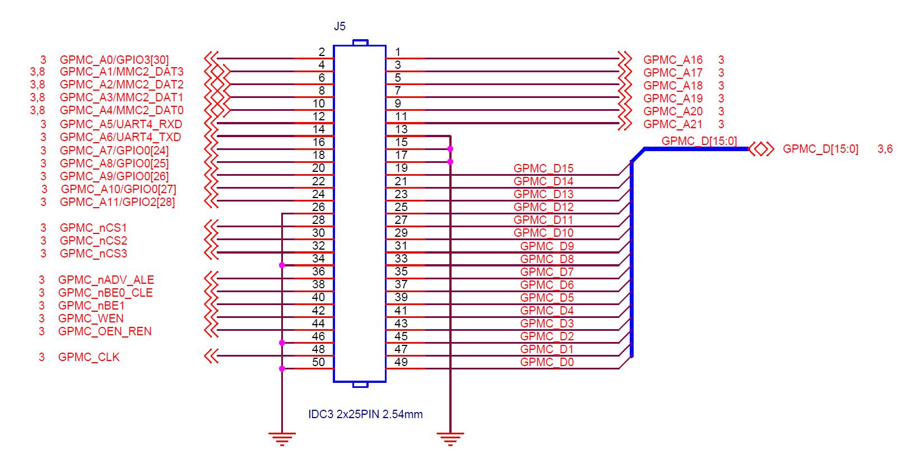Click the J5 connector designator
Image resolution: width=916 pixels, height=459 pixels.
(x=340, y=26)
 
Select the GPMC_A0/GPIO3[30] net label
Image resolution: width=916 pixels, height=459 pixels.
(x=114, y=59)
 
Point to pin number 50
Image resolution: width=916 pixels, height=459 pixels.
(x=318, y=362)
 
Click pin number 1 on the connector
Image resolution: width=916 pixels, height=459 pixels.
(x=398, y=52)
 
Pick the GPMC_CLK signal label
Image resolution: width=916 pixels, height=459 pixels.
(x=89, y=357)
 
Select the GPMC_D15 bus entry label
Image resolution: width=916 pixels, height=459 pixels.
(x=543, y=168)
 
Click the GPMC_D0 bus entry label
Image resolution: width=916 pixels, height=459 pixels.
(x=546, y=362)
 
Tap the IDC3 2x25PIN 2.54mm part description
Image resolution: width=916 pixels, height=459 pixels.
(x=365, y=415)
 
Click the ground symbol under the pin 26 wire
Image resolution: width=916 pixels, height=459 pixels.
(x=282, y=438)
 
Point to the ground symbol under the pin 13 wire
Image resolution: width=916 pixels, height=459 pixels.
(x=450, y=438)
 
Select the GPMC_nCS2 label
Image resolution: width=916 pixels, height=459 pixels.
(x=93, y=241)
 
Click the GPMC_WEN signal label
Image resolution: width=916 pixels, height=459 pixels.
(x=91, y=319)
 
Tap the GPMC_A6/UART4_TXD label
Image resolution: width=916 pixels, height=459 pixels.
(x=120, y=137)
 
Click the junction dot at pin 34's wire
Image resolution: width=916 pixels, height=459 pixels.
(x=282, y=265)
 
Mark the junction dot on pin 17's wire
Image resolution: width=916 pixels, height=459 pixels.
(x=450, y=162)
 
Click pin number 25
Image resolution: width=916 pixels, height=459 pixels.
(x=401, y=207)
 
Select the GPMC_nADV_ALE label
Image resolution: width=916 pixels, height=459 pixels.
(x=106, y=280)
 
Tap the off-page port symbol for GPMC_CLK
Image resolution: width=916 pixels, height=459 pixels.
(x=211, y=355)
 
